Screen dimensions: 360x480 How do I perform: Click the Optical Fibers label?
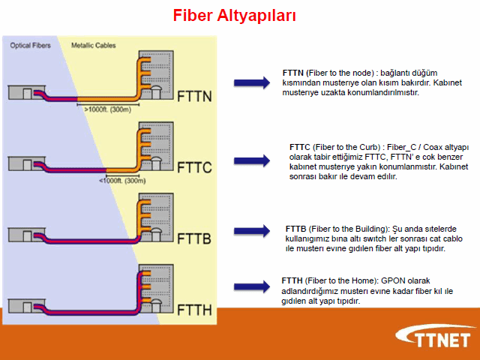pos(30,46)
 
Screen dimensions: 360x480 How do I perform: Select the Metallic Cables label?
pos(94,46)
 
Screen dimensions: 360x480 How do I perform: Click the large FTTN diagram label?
pos(194,96)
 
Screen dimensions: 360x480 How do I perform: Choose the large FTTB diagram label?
pos(194,238)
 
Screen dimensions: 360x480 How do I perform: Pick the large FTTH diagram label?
pos(194,308)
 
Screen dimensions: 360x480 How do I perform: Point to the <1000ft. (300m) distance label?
pos(122,180)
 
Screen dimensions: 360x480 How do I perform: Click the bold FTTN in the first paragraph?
pos(293,64)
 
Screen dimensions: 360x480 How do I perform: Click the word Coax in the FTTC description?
pos(428,146)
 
